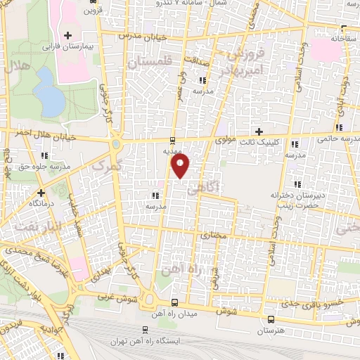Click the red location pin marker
(x=181, y=165)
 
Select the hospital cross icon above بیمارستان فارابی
(x=68, y=36)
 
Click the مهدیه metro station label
(x=173, y=150)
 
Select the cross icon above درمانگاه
(x=41, y=192)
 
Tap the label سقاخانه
(x=342, y=39)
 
